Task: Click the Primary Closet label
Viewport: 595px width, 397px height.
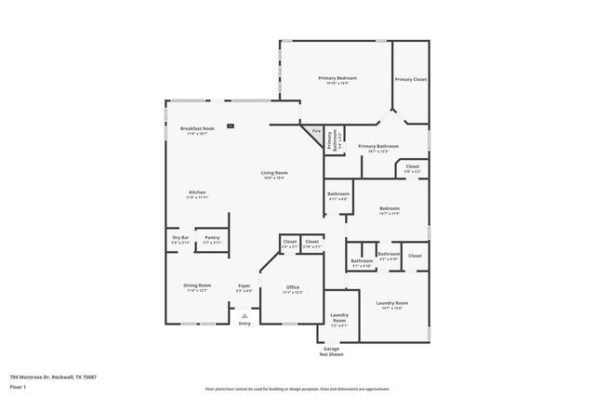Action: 410,80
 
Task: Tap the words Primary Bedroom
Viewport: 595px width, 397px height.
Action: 337,78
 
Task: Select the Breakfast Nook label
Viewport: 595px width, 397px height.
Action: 197,128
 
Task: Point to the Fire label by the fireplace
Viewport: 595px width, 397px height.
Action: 315,132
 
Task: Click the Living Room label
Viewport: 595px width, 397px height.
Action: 273,172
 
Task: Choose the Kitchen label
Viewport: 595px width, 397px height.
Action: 197,192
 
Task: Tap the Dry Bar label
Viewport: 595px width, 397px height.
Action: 181,237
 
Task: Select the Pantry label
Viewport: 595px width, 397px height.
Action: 212,237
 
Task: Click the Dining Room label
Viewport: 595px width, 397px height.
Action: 196,285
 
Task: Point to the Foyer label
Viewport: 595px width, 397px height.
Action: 245,285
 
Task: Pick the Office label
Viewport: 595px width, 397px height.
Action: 292,287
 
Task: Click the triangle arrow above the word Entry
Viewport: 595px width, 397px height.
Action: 245,315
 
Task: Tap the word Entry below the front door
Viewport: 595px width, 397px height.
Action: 245,324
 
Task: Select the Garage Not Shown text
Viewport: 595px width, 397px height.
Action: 331,351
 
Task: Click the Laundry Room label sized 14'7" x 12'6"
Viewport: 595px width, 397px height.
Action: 391,303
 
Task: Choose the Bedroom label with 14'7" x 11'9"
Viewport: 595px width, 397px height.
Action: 389,208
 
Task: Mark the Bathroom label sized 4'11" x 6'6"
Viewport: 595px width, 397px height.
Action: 337,194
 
